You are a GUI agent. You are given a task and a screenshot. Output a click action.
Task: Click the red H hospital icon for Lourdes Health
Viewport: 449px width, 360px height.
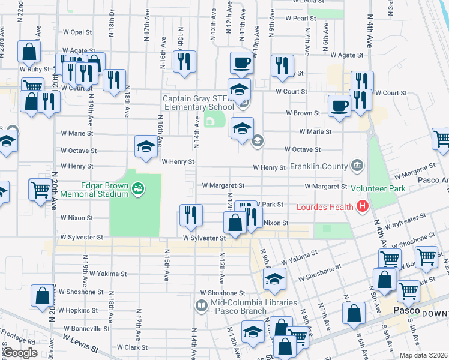362,208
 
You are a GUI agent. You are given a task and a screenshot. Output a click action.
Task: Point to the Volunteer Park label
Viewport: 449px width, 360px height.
378,189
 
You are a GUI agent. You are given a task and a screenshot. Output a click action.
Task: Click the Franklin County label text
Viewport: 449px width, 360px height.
319,166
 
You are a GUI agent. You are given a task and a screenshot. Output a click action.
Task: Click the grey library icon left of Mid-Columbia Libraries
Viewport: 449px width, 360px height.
202,306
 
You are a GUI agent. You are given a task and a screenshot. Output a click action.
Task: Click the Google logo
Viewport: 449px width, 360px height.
20,353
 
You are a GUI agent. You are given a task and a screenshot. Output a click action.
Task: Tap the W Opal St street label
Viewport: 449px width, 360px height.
77,32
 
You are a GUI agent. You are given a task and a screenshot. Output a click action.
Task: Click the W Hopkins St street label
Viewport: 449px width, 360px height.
79,310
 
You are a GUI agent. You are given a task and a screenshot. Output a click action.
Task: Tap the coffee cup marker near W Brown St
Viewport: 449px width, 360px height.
339,106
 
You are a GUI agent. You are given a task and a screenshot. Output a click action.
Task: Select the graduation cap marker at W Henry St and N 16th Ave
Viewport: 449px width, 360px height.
145,146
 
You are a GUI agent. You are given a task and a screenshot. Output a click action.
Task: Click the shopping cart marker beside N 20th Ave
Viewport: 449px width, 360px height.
40,190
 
